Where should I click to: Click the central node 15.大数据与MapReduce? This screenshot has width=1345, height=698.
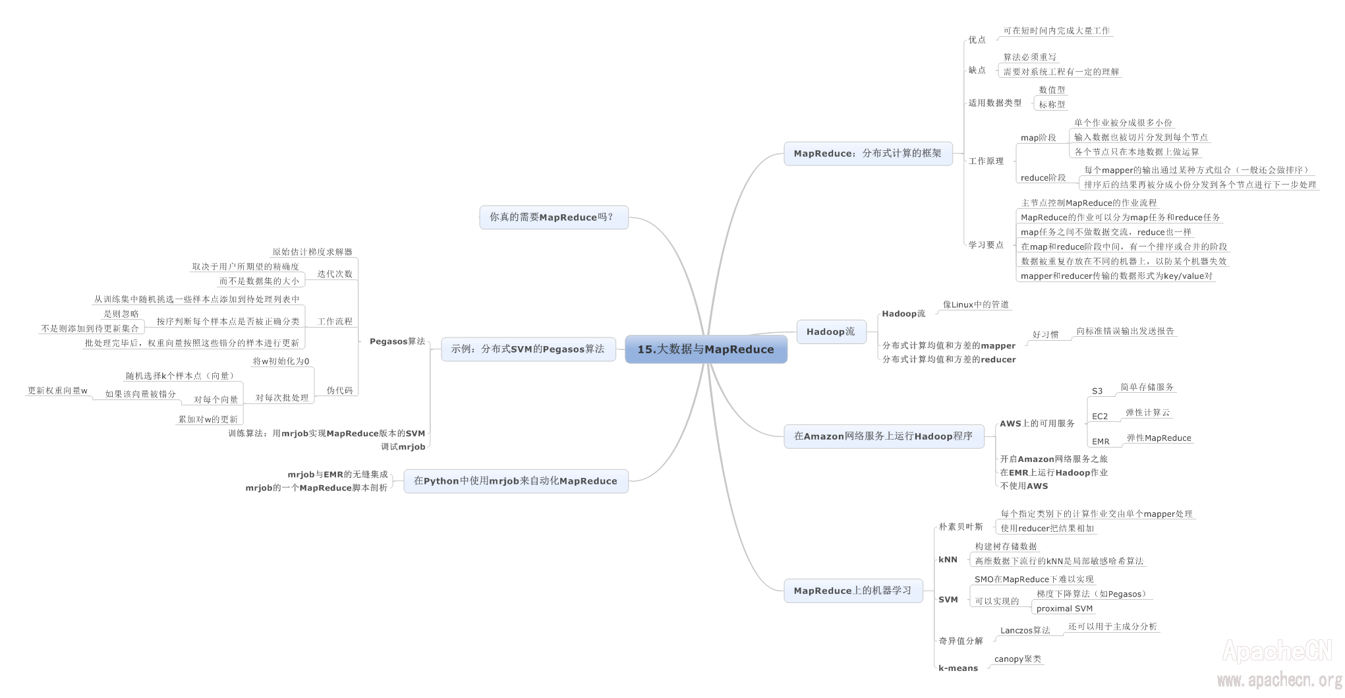(x=706, y=349)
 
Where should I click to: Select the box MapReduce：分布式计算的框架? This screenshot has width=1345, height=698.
(x=868, y=154)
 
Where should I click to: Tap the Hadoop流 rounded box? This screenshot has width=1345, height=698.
(x=831, y=332)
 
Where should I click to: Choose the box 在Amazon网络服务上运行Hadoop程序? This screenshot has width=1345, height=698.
(x=883, y=436)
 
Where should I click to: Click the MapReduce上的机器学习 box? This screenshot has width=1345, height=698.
(x=853, y=591)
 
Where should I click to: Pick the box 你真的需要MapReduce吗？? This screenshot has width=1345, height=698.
(x=553, y=217)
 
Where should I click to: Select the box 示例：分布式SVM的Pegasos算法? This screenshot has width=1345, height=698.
(x=527, y=349)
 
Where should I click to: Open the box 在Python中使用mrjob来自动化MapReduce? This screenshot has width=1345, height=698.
(x=515, y=481)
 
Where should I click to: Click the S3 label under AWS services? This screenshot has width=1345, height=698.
(x=1097, y=391)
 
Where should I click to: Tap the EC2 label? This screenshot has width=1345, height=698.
(x=1100, y=416)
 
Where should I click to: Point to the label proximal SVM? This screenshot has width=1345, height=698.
(x=1064, y=608)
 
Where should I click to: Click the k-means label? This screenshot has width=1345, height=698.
(x=958, y=668)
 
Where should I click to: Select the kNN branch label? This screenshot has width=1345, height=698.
(x=948, y=560)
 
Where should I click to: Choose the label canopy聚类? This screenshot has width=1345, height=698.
(x=1017, y=658)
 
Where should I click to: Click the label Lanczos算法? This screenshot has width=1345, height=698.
(x=1025, y=630)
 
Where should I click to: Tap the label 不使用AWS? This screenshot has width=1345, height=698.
(x=1023, y=486)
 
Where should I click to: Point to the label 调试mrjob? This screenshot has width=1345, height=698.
(x=403, y=447)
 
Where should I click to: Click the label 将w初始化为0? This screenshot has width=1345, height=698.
(x=281, y=361)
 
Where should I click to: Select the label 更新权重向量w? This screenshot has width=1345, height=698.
(x=57, y=390)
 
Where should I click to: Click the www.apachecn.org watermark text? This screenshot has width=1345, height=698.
(x=1279, y=680)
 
